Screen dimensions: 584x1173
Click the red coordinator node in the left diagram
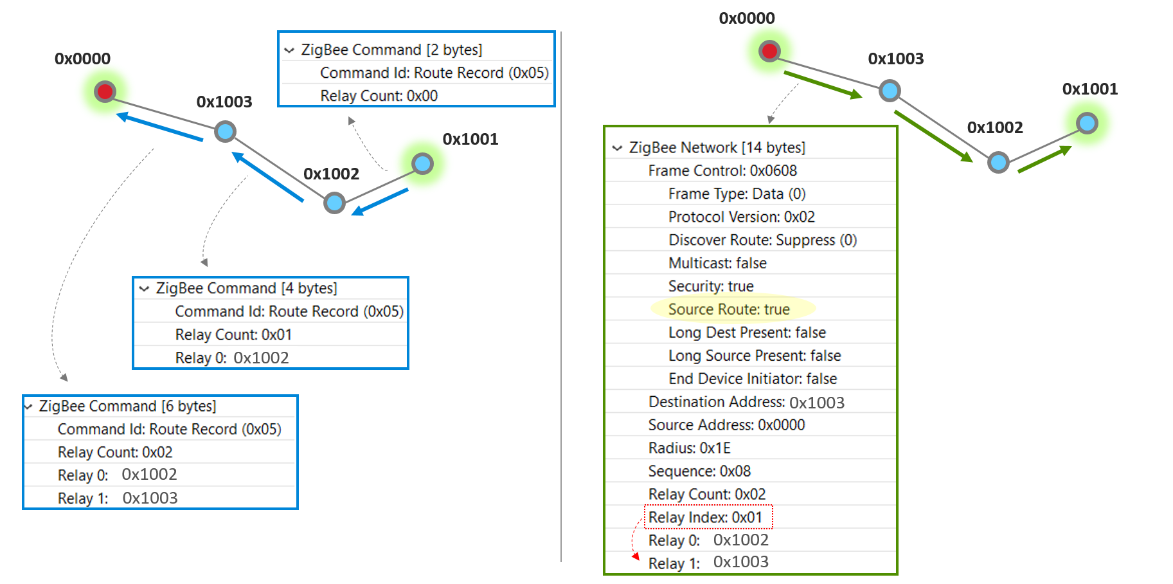[105, 91]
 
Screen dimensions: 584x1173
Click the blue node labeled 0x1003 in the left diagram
[225, 132]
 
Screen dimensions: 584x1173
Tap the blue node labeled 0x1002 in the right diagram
[998, 162]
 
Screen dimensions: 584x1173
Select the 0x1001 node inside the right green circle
[1087, 122]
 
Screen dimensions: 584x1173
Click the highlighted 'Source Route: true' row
[729, 309]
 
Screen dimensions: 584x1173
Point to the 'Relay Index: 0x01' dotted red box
[708, 517]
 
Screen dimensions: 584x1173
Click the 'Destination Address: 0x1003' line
[746, 402]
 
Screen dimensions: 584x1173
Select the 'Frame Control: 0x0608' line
[722, 170]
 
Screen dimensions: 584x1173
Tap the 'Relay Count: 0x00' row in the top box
[379, 96]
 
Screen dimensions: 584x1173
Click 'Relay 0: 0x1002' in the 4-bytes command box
[231, 358]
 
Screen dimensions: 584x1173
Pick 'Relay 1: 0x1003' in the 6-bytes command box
[118, 498]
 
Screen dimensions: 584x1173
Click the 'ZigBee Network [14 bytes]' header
[717, 147]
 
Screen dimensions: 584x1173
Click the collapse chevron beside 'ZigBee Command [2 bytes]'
[289, 50]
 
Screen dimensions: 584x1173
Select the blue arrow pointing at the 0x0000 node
[161, 127]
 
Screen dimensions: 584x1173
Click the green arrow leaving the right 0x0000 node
[823, 86]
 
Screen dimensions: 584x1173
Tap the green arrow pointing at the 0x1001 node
[1044, 160]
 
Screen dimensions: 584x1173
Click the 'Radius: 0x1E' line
[689, 448]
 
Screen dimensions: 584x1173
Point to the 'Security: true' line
[710, 286]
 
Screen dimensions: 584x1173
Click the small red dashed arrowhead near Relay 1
[636, 556]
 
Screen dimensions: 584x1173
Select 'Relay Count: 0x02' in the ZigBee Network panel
[706, 494]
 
